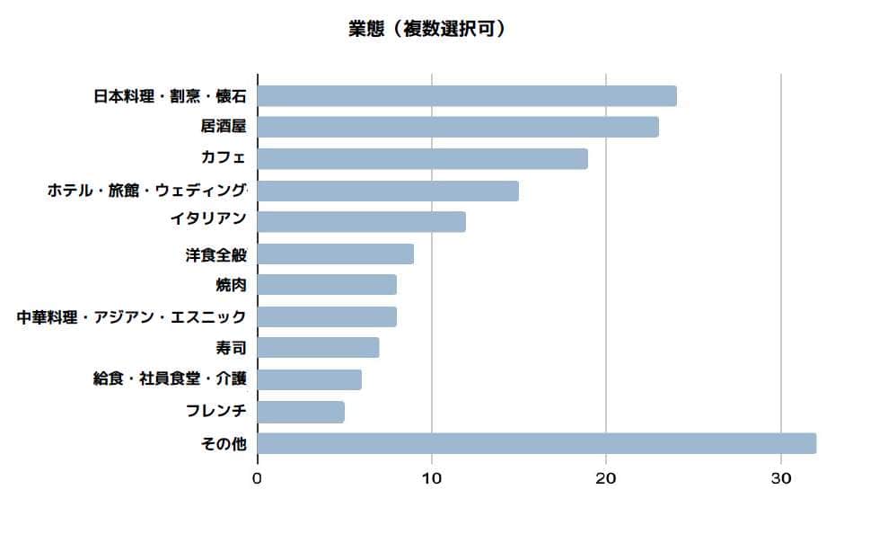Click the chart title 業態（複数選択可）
[x=426, y=29]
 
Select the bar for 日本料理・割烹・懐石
[x=467, y=96]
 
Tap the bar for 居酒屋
[x=458, y=127]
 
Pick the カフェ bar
[x=423, y=159]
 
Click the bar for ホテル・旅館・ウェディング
[x=388, y=191]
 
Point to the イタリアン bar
[x=362, y=221]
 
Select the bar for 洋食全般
[x=336, y=254]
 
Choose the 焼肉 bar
[x=327, y=285]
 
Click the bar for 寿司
[x=318, y=348]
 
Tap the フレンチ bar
[x=301, y=412]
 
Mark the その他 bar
[x=537, y=443]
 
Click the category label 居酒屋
[x=224, y=127]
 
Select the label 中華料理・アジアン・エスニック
[x=132, y=316]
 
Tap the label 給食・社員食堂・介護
[x=170, y=379]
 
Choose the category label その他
[x=224, y=443]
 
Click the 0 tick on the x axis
[x=258, y=478]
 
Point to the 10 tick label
[x=432, y=478]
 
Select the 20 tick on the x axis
[x=606, y=478]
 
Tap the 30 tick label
[x=780, y=478]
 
